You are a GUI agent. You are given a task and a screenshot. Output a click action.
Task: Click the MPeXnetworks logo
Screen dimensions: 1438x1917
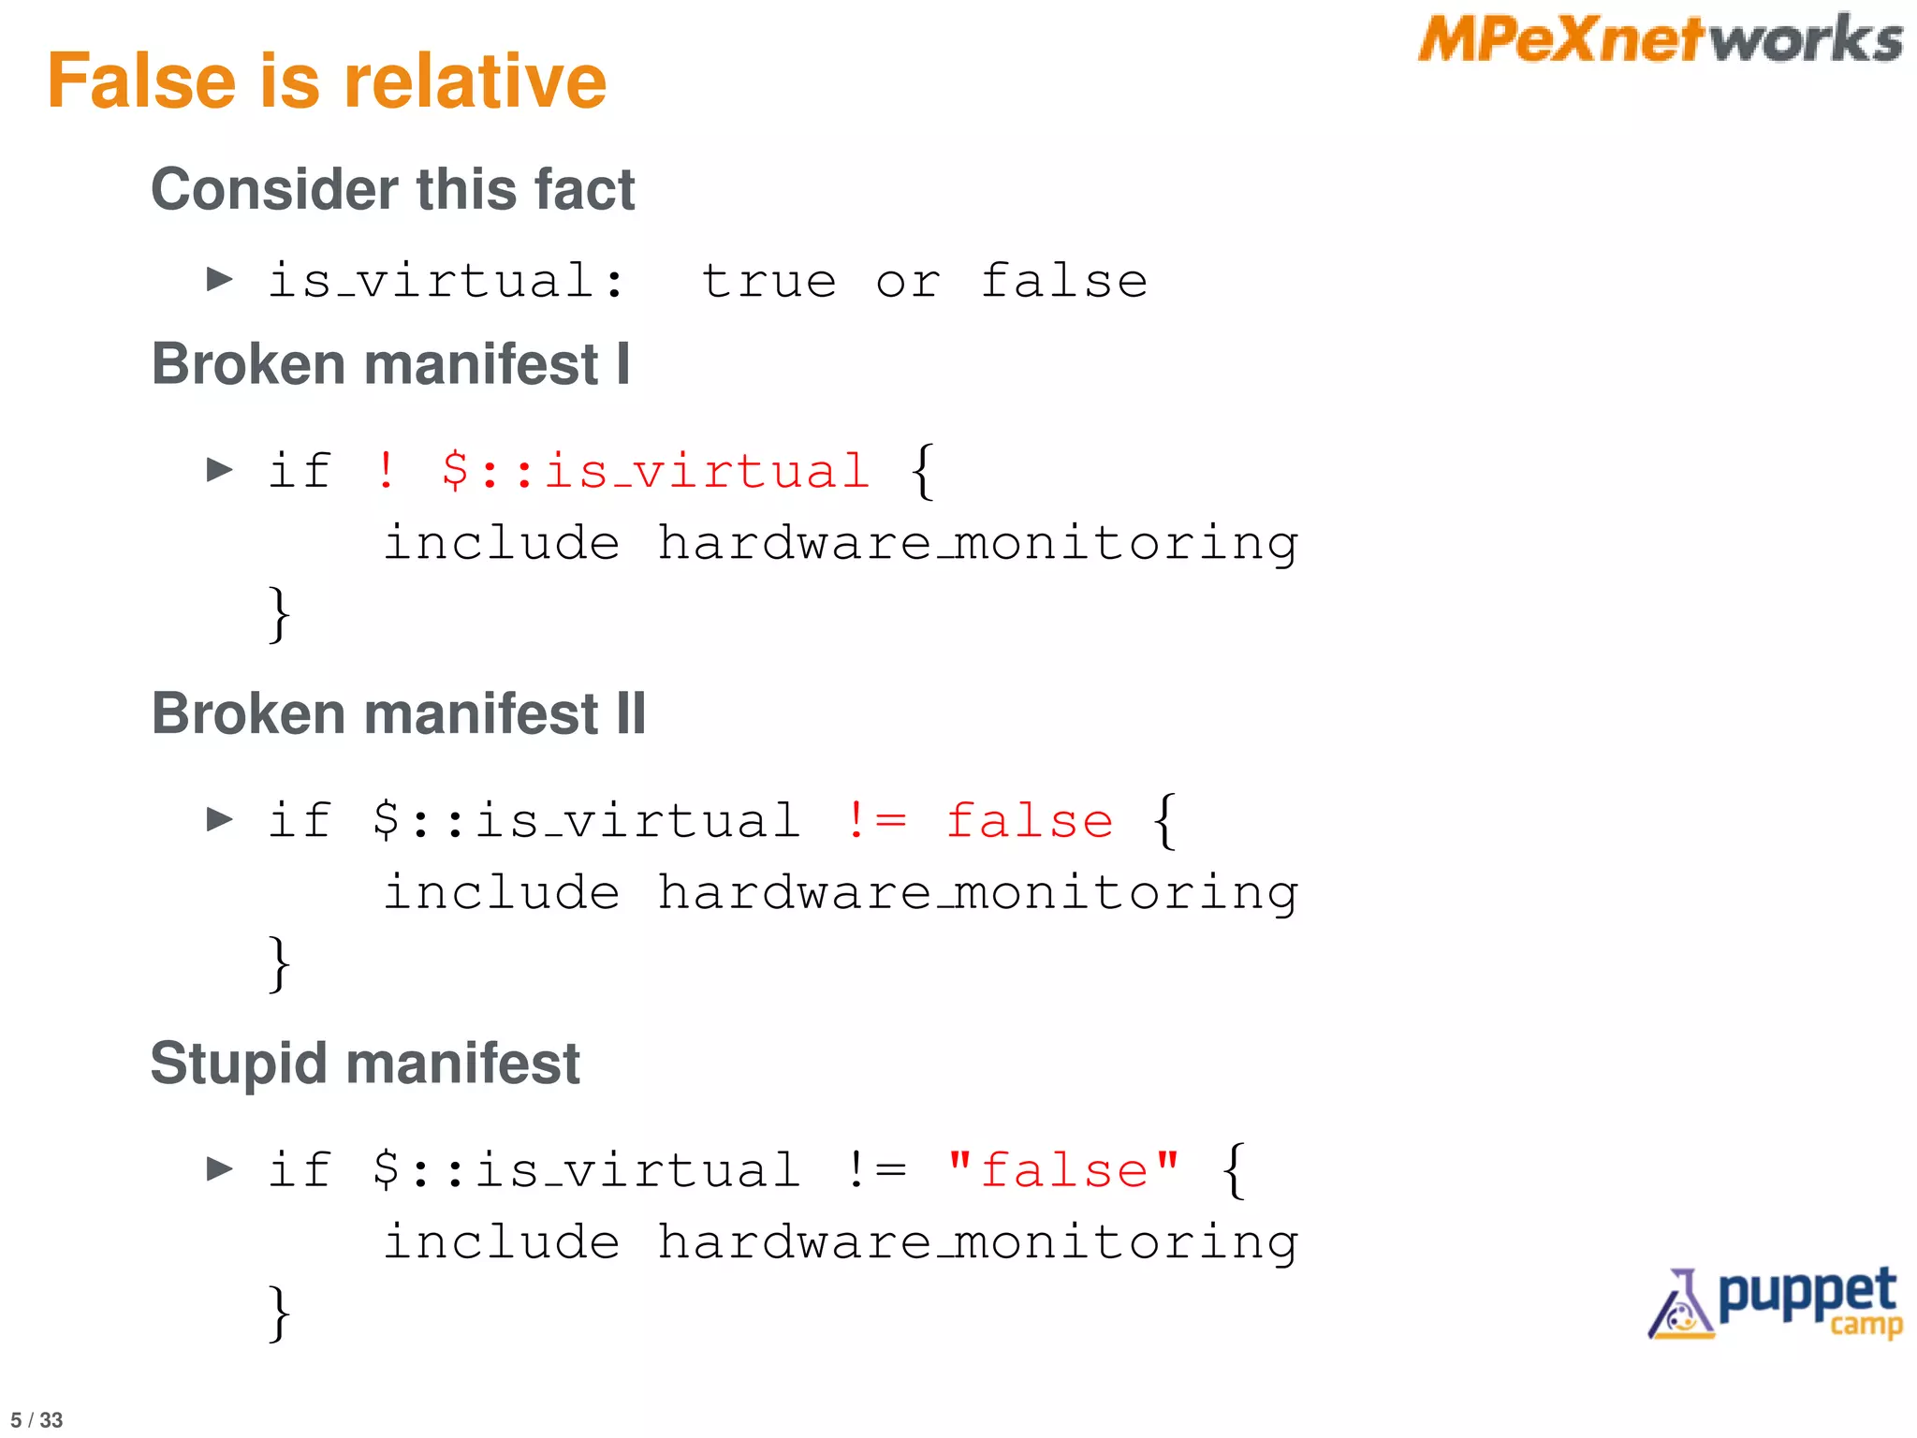1660,40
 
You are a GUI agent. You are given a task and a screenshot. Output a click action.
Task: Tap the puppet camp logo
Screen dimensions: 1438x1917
1776,1302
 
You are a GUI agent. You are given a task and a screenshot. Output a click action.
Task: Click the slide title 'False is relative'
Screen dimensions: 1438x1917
327,81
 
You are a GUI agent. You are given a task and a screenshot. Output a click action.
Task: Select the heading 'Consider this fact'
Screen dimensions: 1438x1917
393,189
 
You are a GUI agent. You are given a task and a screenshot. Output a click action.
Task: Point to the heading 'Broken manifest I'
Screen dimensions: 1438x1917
391,363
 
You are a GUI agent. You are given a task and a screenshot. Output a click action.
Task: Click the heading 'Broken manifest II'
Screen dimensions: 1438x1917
399,713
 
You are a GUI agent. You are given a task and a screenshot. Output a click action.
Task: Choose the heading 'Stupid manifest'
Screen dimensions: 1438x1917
365,1064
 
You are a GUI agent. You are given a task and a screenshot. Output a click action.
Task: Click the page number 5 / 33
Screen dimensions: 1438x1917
37,1420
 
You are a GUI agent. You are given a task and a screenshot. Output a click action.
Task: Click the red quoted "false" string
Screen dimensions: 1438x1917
1063,1170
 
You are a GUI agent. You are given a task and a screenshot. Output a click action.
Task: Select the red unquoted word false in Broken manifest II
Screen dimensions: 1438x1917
1030,821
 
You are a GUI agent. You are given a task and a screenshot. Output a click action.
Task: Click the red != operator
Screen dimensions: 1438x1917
875,821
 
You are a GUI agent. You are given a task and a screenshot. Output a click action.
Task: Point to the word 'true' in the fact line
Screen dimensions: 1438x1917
769,281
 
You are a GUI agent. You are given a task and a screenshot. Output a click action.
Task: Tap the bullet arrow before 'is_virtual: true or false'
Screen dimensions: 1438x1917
220,279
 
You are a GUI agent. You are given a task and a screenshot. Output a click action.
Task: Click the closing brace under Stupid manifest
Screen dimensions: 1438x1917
279,1313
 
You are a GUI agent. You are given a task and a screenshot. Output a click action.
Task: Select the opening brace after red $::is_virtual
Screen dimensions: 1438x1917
922,471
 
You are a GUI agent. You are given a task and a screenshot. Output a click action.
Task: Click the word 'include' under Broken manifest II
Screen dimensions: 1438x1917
502,891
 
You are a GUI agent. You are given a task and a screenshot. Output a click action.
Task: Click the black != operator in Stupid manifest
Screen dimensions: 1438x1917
875,1170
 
